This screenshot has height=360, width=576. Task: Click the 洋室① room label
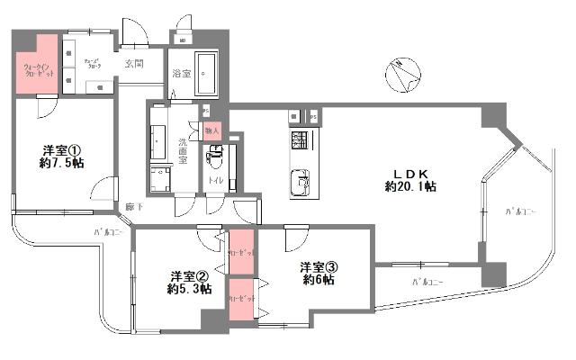coord(63,151)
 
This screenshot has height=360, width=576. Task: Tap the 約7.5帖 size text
coord(63,166)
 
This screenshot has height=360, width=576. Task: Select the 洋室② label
coord(190,275)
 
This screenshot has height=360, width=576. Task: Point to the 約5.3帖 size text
coord(190,290)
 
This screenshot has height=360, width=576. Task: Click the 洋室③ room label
coord(319,266)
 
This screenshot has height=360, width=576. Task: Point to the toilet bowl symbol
coord(215,161)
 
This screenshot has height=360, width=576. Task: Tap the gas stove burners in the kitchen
coord(300,141)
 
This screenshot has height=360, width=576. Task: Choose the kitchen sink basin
coord(298,184)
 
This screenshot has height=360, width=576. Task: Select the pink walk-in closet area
coord(36,68)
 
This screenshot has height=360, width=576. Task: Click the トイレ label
coord(216,181)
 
